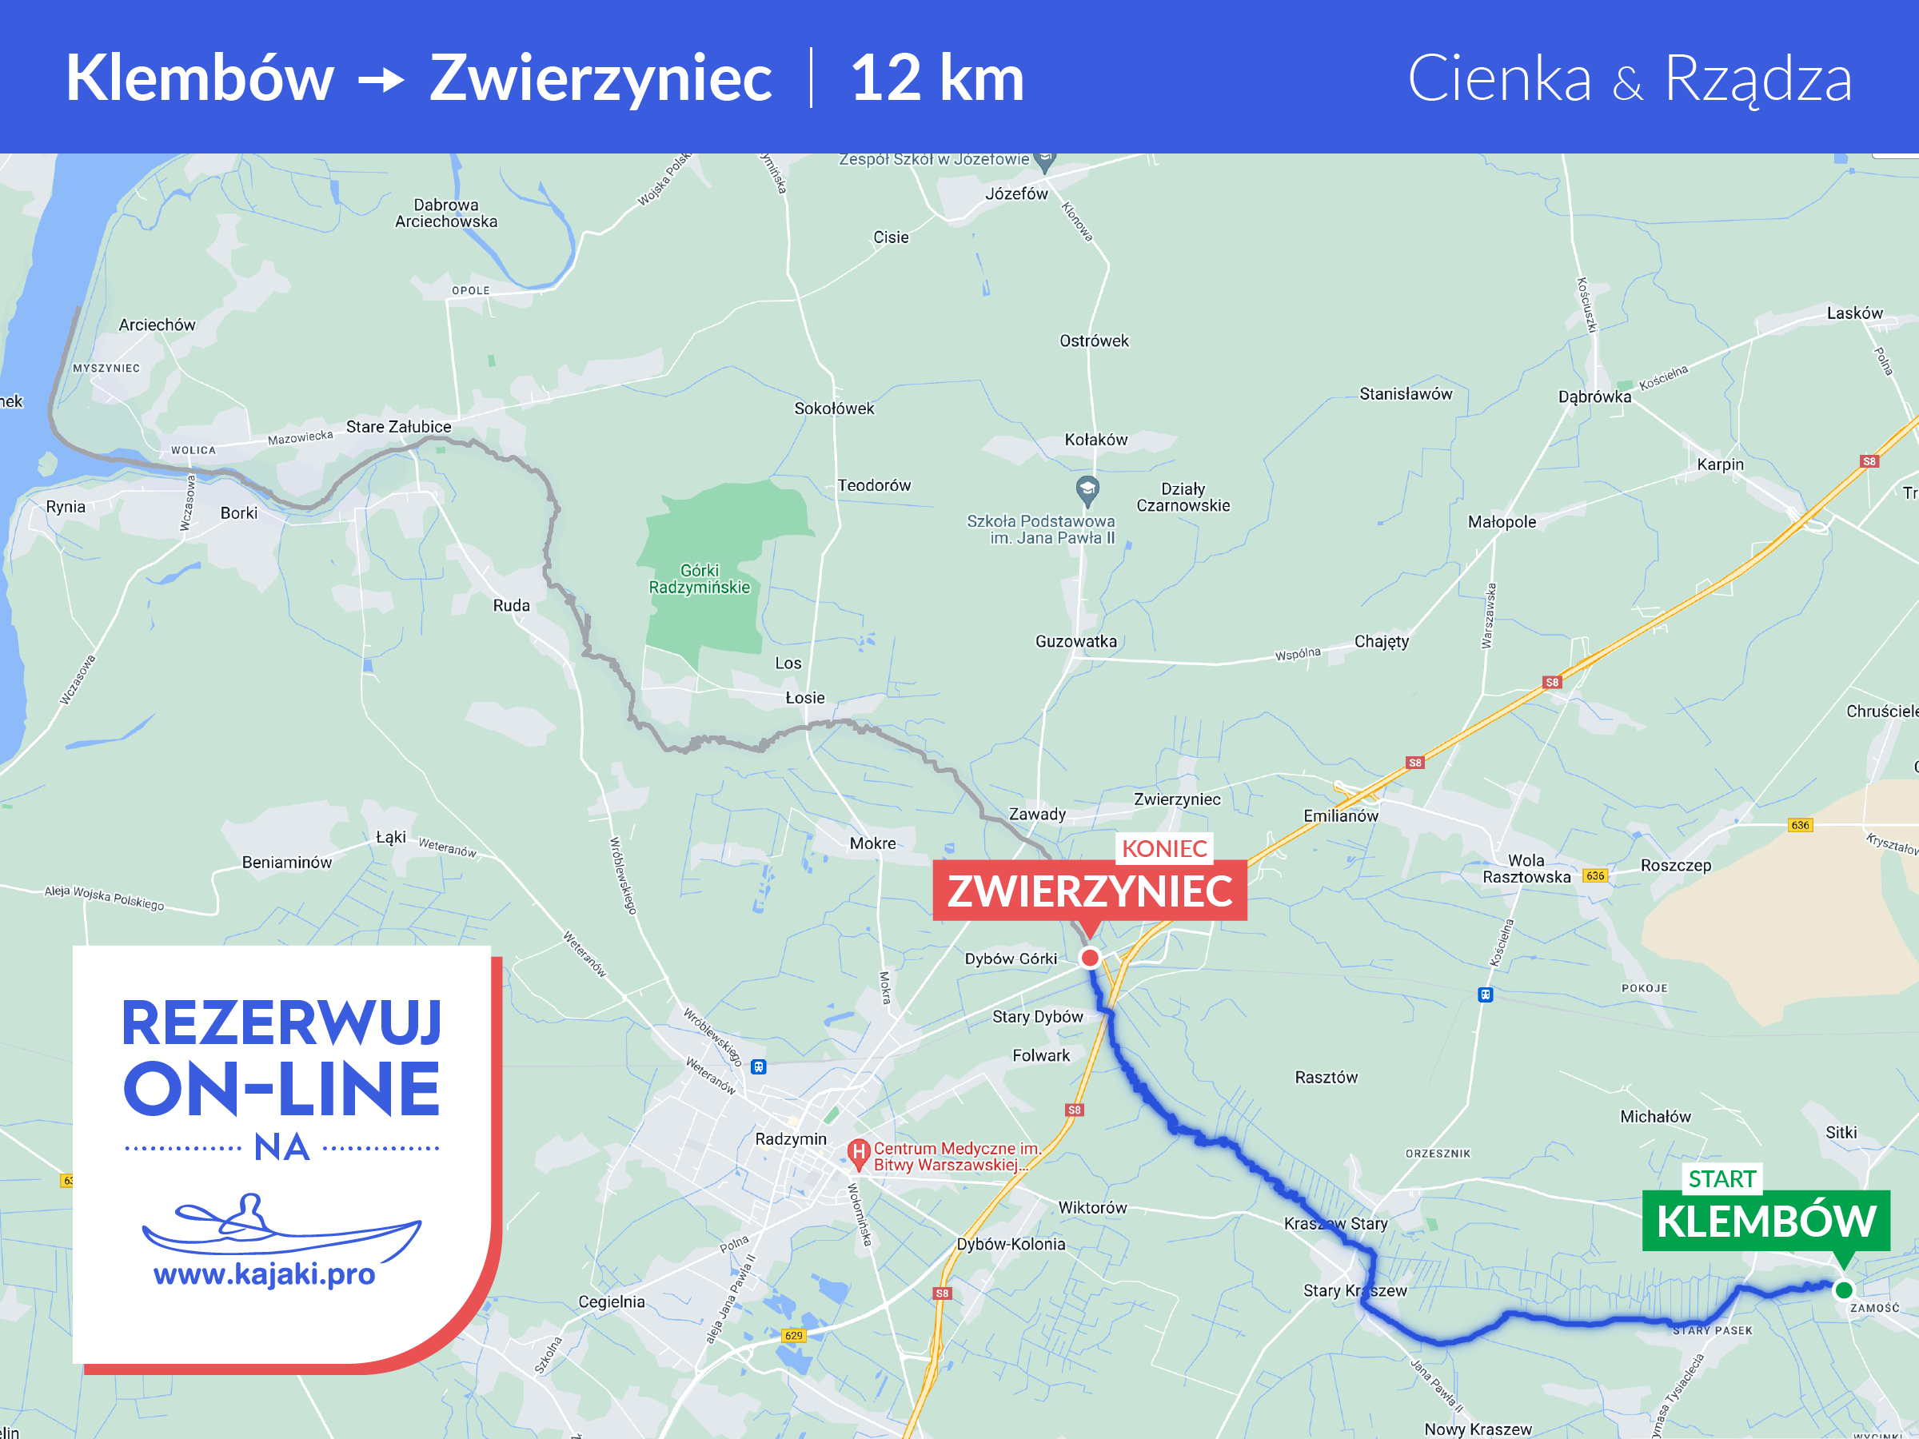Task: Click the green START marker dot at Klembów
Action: (1844, 1290)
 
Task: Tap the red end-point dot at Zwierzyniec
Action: (1090, 958)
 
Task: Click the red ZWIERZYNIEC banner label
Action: (1090, 891)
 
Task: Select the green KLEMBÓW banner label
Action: (1765, 1222)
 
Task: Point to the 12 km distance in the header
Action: (937, 78)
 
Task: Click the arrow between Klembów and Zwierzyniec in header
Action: (381, 81)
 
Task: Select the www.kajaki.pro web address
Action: (265, 1274)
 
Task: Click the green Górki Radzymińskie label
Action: (700, 579)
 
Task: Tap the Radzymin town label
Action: (790, 1139)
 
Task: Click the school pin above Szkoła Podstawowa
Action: (1087, 490)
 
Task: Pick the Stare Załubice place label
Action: (398, 427)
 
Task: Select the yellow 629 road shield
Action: (794, 1336)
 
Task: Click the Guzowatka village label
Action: (1075, 642)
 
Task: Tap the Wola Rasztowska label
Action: (1527, 868)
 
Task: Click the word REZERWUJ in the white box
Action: (282, 1023)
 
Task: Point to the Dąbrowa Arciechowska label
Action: (446, 213)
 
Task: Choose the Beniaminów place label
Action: (286, 862)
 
